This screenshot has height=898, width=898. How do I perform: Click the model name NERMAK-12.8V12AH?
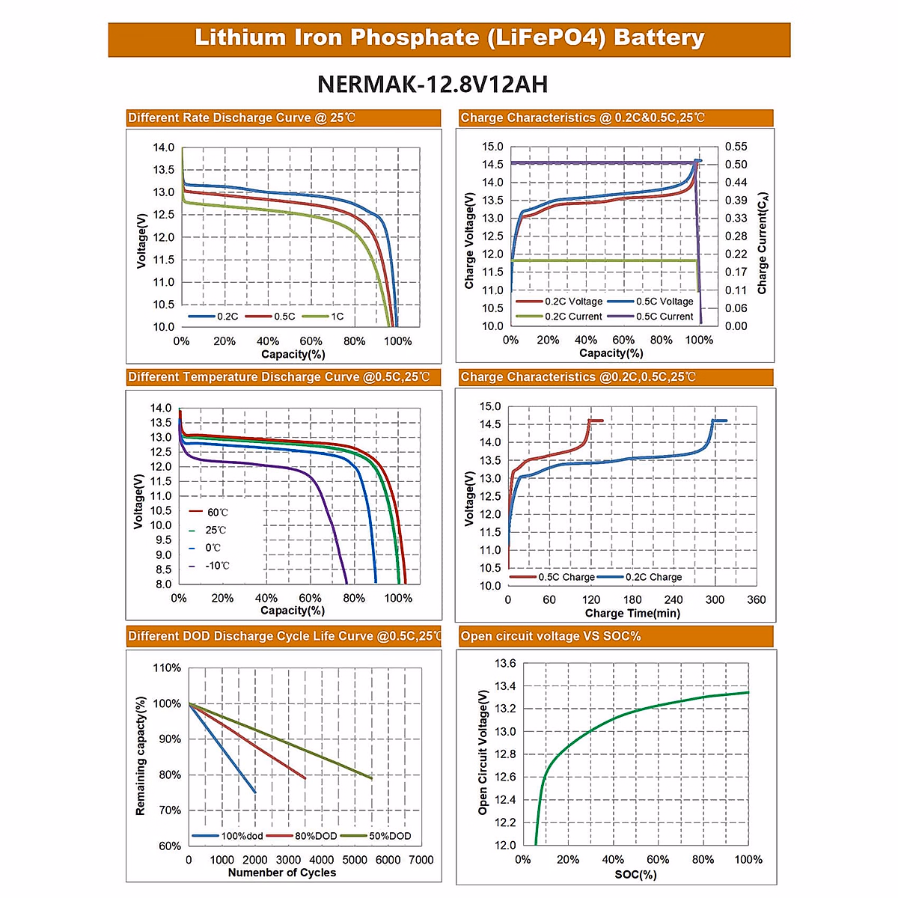(433, 84)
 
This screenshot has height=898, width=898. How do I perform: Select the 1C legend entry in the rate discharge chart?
(337, 317)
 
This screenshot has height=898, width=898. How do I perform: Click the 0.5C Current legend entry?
(665, 317)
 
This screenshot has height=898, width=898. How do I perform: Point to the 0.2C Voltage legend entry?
(573, 302)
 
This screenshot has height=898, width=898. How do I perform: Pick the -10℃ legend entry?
(217, 566)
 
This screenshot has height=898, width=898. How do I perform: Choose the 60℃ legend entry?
(217, 513)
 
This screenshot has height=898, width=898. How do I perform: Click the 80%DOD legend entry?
(315, 836)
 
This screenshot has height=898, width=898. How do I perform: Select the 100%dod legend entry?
(242, 836)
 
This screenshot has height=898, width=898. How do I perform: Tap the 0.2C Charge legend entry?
(653, 577)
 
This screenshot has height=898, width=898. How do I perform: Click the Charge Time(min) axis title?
(632, 613)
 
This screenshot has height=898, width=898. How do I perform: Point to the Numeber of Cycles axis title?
(282, 873)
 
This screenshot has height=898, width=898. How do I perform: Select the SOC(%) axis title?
(635, 874)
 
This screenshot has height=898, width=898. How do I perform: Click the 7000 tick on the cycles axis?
(421, 860)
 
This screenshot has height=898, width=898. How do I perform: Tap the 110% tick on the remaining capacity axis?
(167, 668)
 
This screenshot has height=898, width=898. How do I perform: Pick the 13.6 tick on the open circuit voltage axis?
(505, 663)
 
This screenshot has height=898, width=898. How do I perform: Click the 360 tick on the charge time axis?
(756, 599)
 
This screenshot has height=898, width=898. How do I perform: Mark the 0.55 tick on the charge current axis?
(736, 147)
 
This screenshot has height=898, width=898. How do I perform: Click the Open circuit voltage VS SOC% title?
(551, 636)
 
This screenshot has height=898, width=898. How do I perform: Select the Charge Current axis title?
(763, 243)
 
